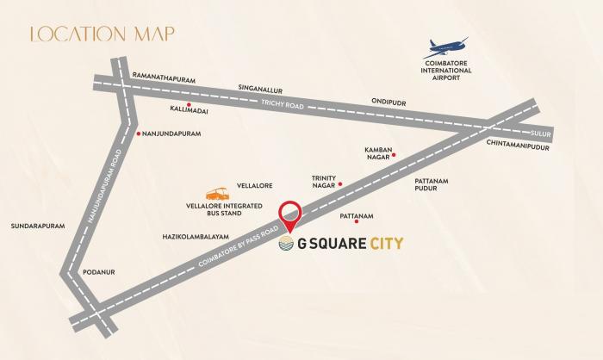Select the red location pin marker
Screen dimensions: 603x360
(291, 216)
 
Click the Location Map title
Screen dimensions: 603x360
(102, 34)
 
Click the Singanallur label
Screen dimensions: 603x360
(260, 89)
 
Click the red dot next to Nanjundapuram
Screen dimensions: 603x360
(139, 133)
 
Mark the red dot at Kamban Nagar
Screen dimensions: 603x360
(394, 156)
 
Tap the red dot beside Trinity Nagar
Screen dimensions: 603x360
(340, 184)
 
